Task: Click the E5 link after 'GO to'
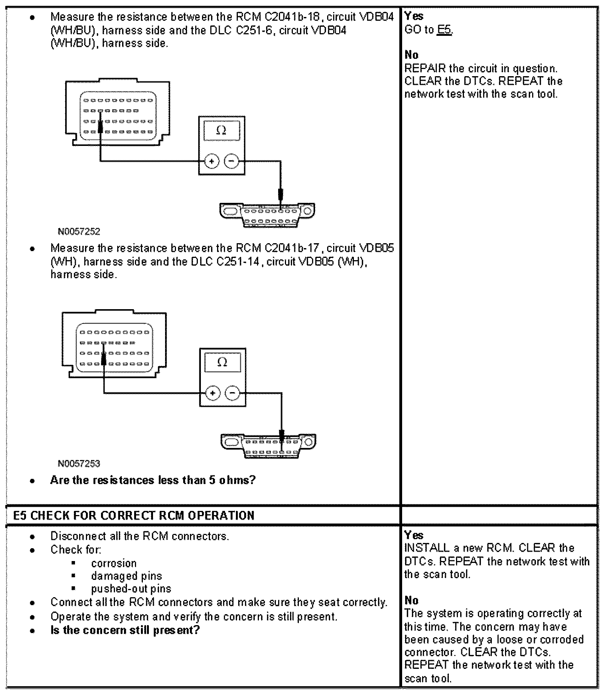[444, 30]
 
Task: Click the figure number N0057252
[79, 232]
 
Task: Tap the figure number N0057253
[79, 463]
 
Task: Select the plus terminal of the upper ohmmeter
[211, 161]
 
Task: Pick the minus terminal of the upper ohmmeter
[231, 161]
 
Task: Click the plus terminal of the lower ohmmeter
[213, 393]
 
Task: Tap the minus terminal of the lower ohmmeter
[233, 393]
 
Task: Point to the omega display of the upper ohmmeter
[222, 130]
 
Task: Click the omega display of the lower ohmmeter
[222, 362]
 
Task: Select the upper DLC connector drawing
[268, 215]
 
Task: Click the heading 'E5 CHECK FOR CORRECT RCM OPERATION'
[134, 515]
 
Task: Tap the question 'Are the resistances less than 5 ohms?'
[153, 480]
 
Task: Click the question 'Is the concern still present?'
[125, 630]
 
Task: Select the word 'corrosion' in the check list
[114, 563]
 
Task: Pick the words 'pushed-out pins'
[131, 589]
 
